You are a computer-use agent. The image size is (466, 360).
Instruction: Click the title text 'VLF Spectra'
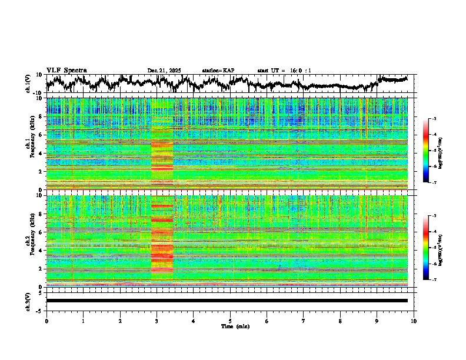(66, 71)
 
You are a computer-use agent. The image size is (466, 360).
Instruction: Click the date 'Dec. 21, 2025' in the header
(164, 71)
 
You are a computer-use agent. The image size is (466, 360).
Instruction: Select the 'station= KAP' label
(218, 71)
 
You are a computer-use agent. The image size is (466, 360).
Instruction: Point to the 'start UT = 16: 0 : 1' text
(284, 71)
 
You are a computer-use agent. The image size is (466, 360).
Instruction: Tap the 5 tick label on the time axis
(230, 321)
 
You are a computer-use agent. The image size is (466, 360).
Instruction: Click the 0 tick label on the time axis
(46, 321)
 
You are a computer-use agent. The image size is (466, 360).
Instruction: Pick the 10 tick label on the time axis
(414, 321)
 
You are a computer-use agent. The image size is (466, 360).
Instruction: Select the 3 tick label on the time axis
(157, 321)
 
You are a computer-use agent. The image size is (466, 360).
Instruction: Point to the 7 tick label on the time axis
(304, 321)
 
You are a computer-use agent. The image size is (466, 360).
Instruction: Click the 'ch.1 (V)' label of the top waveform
(28, 84)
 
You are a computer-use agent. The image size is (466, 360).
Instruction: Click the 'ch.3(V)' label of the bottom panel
(28, 301)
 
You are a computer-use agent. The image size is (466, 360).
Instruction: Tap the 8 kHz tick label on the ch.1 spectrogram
(39, 116)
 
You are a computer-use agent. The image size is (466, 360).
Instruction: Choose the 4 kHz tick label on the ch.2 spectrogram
(39, 251)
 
